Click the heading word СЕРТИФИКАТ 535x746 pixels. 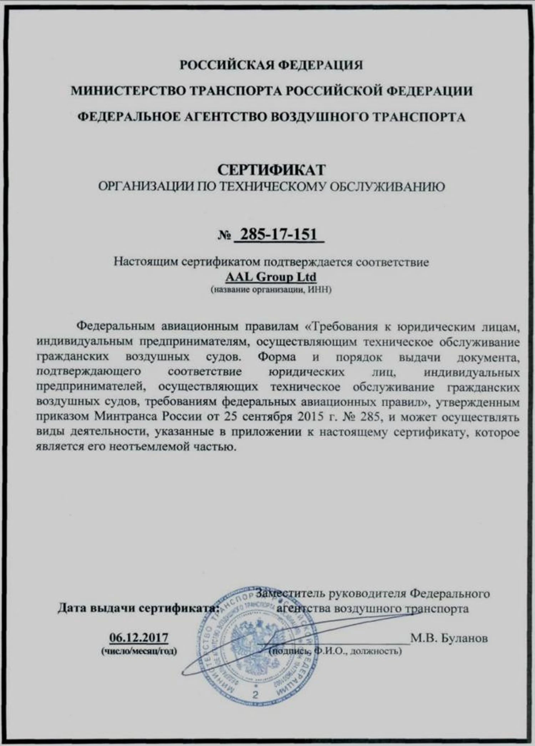pos(271,170)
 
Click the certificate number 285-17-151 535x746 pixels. pos(279,235)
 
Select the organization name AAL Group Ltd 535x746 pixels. pos(271,277)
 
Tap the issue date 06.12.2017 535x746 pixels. pos(139,637)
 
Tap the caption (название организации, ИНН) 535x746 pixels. pos(271,290)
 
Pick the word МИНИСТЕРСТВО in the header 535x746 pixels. pos(127,91)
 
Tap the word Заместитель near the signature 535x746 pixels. pos(290,593)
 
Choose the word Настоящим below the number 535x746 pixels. pos(145,262)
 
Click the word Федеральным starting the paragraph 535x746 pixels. pos(116,326)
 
